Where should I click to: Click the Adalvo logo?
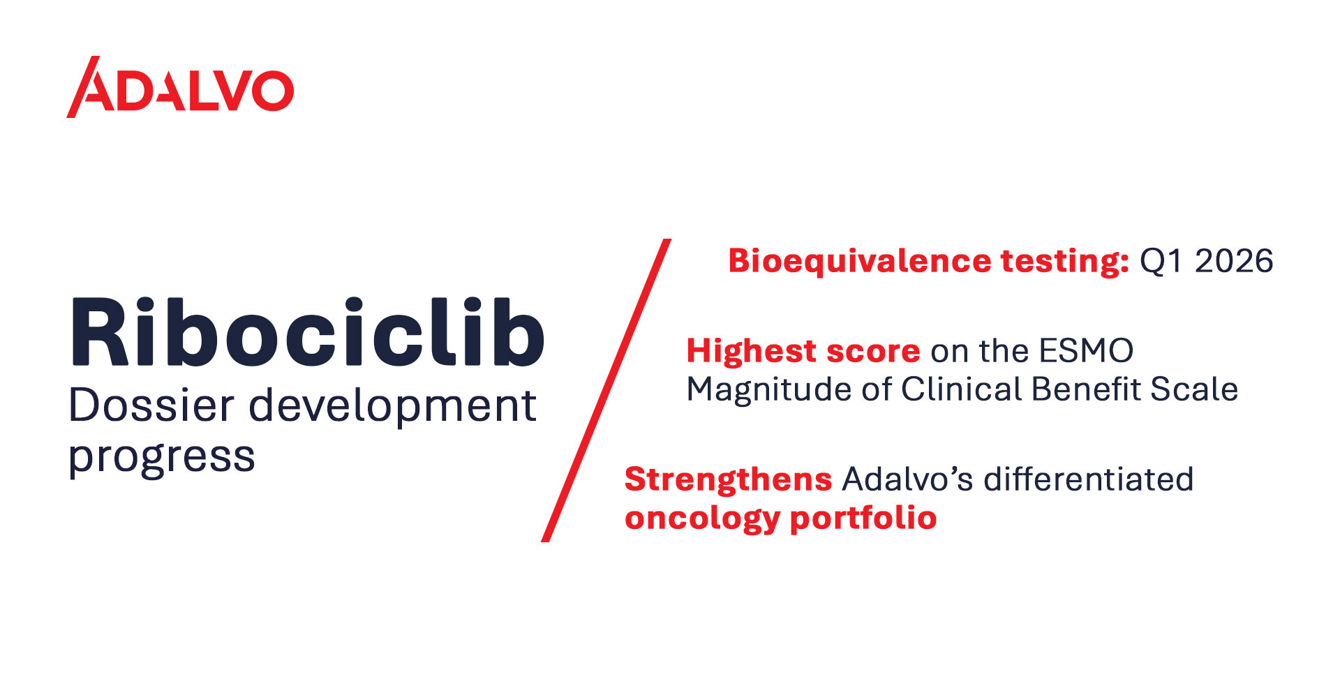[180, 87]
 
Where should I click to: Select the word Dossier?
[151, 405]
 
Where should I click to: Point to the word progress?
[162, 459]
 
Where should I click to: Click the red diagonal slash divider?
[606, 390]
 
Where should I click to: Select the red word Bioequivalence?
[860, 261]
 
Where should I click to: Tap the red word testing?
[1065, 262]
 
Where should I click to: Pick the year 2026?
[1234, 261]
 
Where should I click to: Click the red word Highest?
[751, 350]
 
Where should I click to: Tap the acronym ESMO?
[1086, 350]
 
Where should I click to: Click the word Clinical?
[962, 389]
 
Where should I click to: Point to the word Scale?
[1194, 389]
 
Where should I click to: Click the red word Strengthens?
[729, 480]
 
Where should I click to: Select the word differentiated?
[1089, 479]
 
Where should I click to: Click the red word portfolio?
[863, 519]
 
